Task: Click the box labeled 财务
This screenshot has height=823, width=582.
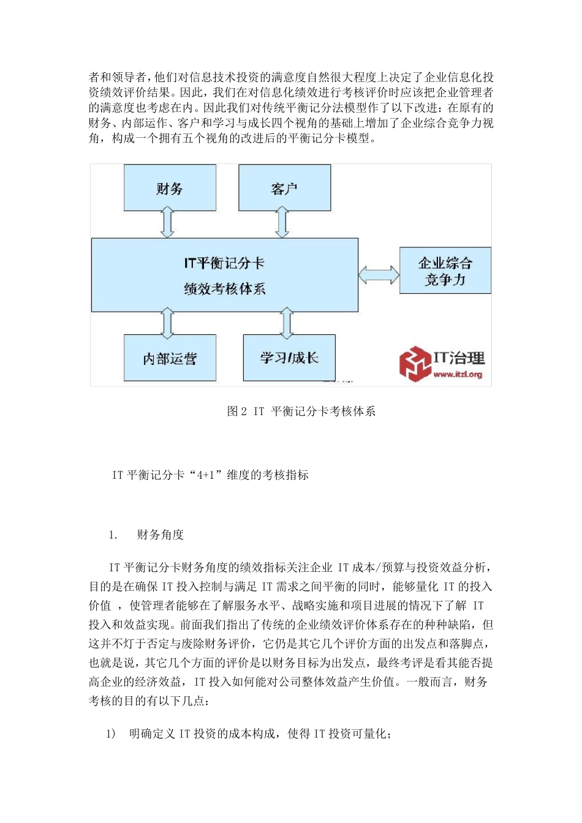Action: click(170, 188)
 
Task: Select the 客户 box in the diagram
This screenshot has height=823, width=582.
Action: click(284, 188)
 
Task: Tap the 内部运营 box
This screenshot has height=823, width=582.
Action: click(170, 358)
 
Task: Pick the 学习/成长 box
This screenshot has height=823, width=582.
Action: click(289, 358)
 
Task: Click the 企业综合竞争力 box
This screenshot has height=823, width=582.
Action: click(445, 271)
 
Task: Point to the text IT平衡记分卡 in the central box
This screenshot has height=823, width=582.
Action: click(224, 263)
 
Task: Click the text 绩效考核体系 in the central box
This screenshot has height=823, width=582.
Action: click(224, 289)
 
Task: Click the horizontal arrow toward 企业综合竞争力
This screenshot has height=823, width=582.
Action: click(379, 274)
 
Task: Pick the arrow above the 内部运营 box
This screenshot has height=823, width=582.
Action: click(167, 323)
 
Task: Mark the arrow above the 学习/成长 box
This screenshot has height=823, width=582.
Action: click(287, 323)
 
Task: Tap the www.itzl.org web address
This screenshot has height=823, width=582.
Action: click(458, 374)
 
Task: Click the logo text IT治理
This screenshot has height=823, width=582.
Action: click(459, 358)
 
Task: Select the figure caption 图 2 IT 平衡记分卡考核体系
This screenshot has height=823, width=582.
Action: click(301, 411)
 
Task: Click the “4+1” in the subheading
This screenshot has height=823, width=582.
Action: click(205, 475)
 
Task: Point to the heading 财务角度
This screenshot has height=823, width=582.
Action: click(161, 535)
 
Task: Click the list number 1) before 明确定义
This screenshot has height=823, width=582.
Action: click(110, 734)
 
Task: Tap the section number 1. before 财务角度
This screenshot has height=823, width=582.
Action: click(113, 535)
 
